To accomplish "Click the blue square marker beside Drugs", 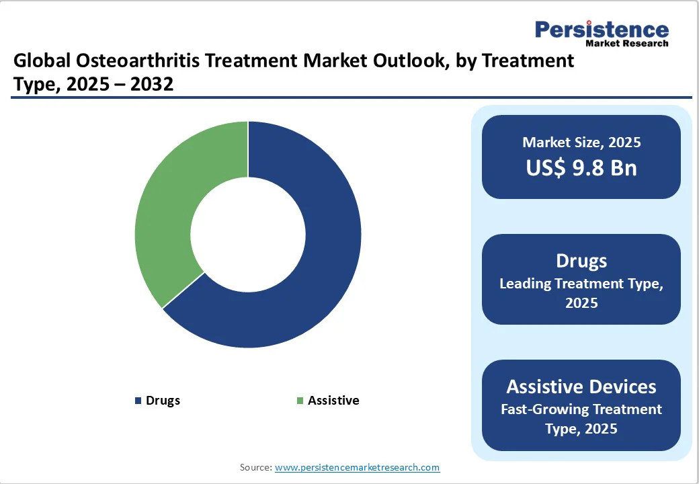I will point(138,401).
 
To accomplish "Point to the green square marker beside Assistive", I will point(300,401).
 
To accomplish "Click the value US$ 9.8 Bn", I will point(581,168).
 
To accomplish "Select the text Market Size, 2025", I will point(581,143).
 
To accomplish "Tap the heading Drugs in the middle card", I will point(581,261).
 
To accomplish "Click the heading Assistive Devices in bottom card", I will point(581,387).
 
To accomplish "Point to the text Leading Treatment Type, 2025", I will point(581,293).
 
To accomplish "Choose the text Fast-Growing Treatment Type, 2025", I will point(581,419).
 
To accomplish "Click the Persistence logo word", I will point(602,30).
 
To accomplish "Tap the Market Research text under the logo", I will point(627,44).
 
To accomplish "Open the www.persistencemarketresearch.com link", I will point(358,467).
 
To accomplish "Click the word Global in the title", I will point(40,61).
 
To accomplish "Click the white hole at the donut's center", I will point(248,235).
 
